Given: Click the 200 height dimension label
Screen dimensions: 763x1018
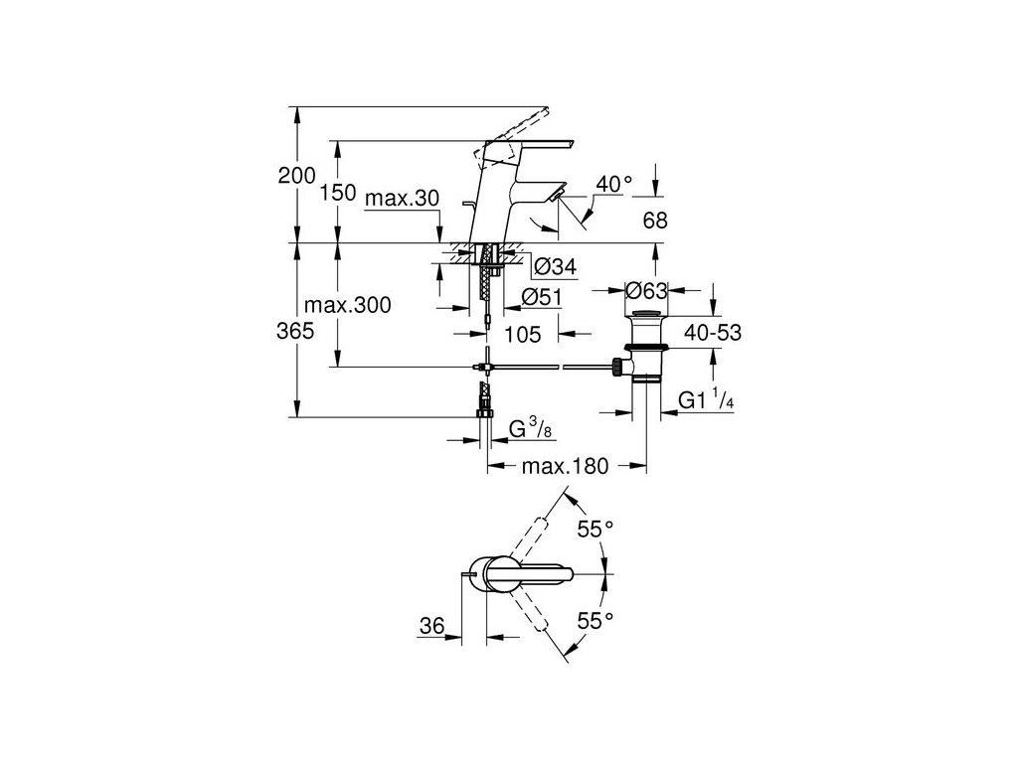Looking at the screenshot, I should click(296, 176).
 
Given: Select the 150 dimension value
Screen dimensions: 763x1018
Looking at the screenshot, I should click(338, 194).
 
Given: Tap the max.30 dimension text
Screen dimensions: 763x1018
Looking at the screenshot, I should click(401, 199).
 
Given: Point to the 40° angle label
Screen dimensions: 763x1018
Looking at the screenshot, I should click(613, 184).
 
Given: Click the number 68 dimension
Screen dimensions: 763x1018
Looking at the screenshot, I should click(654, 221).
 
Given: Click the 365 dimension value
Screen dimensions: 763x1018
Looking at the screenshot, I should click(296, 332).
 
